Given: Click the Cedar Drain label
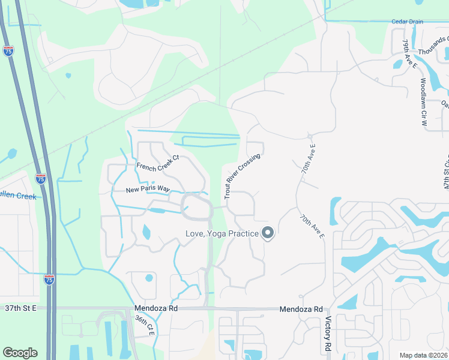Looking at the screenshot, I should click(408, 22).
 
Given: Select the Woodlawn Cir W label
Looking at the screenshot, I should click(423, 97).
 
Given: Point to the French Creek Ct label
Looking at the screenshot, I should click(158, 163).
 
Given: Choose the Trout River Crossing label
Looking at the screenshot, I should click(242, 176).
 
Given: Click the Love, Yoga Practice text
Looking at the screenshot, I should click(222, 233).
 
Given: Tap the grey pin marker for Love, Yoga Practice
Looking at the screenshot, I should click(268, 232).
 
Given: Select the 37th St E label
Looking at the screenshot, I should click(21, 308).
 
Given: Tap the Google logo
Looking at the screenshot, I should click(20, 353).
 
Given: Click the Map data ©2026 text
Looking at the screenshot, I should click(424, 355).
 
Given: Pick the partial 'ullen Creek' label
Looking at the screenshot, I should click(18, 196).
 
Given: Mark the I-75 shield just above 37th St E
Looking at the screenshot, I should click(49, 279).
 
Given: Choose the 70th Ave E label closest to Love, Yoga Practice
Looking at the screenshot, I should click(312, 227).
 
